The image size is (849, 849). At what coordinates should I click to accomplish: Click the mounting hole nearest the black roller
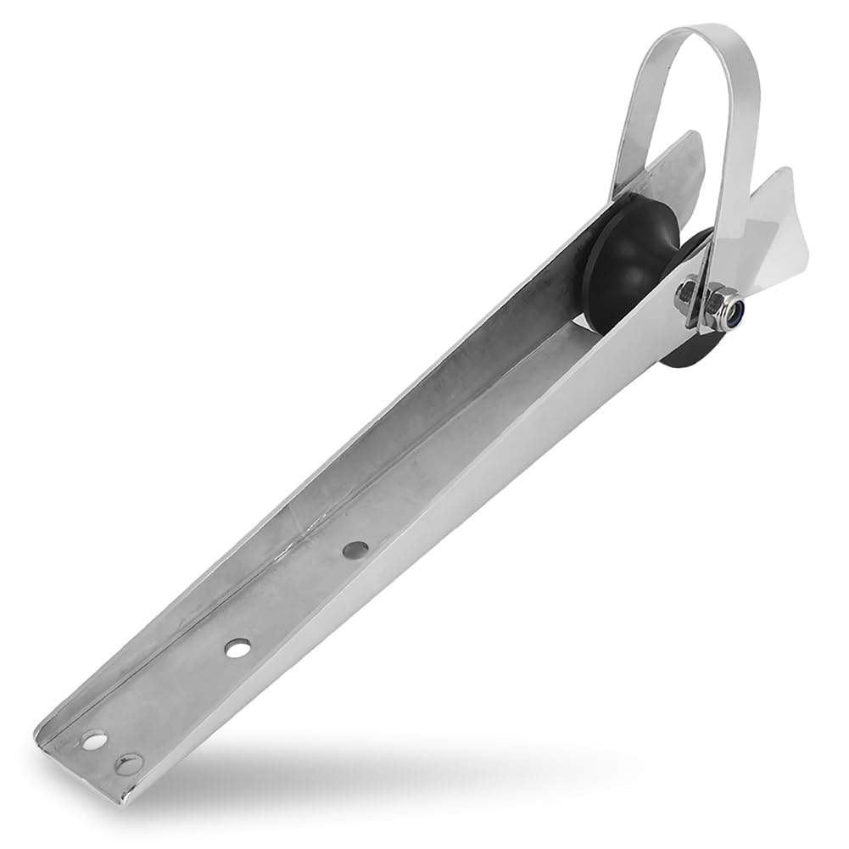pyautogui.click(x=355, y=550)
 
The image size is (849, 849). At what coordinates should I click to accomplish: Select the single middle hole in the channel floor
pyautogui.click(x=237, y=648)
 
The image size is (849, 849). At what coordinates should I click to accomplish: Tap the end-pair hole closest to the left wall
pyautogui.click(x=94, y=740)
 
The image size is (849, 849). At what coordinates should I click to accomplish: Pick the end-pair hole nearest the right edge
pyautogui.click(x=129, y=764)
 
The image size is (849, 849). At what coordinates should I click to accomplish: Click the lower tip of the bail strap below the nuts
pyautogui.click(x=701, y=326)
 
